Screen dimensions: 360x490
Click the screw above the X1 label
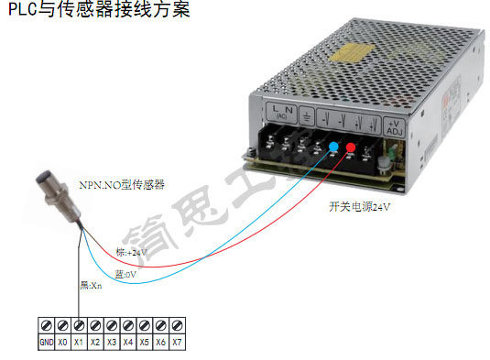point(80,325)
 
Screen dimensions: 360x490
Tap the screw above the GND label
point(46,325)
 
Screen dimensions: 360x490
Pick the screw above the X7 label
point(178,325)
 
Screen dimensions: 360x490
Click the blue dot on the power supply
point(333,147)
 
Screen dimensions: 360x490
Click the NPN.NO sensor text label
point(133,184)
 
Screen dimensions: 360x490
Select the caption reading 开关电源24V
point(360,207)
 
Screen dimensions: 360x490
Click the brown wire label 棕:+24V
point(132,252)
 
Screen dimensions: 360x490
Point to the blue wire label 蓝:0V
point(125,273)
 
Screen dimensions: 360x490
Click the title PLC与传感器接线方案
point(99,12)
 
